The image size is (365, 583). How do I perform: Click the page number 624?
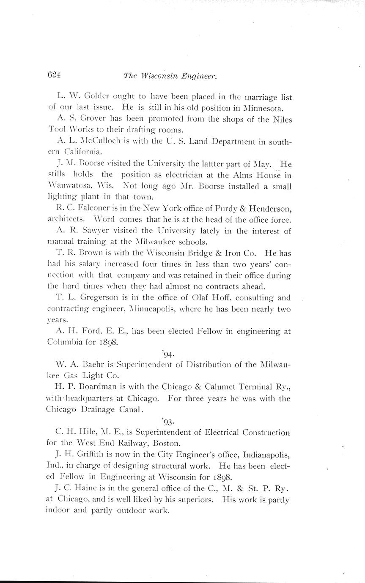[x=55, y=76]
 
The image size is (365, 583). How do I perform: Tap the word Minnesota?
[x=265, y=109]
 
